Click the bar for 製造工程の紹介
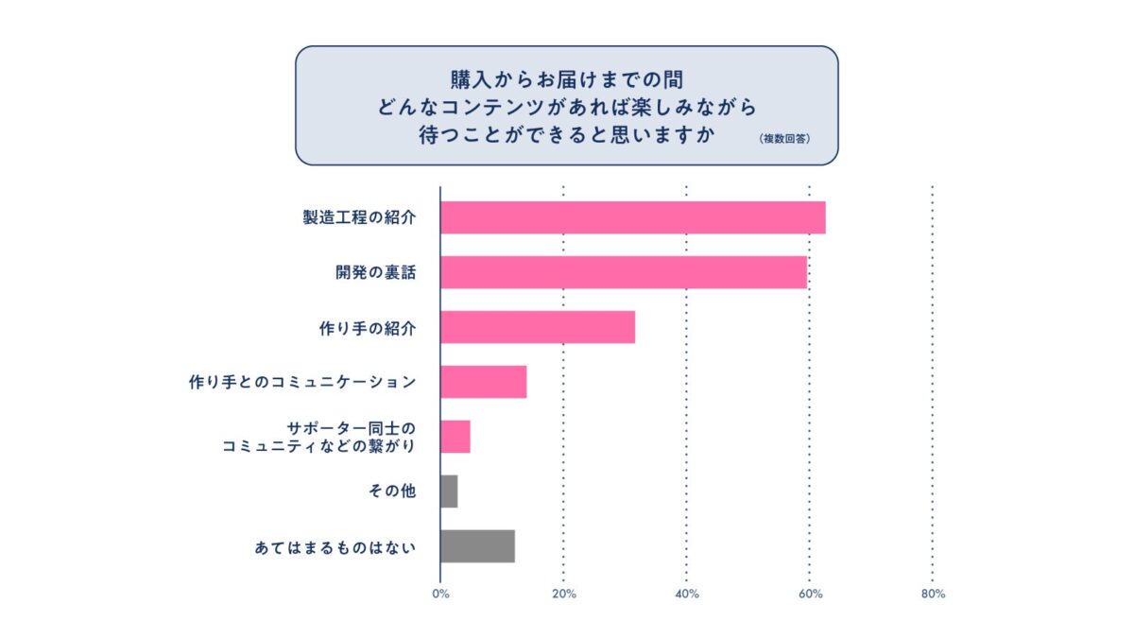[x=632, y=217]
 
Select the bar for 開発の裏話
[x=624, y=272]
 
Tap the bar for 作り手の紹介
[x=537, y=327]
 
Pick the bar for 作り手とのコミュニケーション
[x=483, y=382]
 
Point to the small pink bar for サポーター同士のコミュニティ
[x=455, y=437]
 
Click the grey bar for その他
[x=449, y=491]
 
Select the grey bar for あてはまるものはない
[x=477, y=546]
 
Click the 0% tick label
[x=440, y=595]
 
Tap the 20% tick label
[x=563, y=595]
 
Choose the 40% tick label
[x=686, y=595]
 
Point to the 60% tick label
[x=810, y=595]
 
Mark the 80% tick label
[x=933, y=595]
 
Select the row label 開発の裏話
[x=376, y=273]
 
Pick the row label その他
[x=393, y=492]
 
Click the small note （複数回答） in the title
[x=784, y=138]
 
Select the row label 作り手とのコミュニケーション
[x=301, y=383]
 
